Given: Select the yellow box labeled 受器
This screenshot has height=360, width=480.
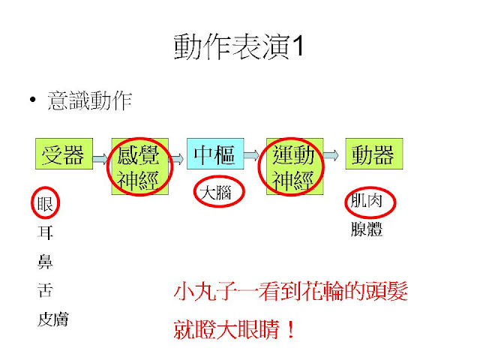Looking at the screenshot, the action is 62,154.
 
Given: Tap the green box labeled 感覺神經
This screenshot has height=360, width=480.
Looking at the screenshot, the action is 139,167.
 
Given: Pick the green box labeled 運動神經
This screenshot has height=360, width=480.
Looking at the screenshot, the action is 294,167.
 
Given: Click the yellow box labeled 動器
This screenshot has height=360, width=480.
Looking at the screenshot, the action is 373,155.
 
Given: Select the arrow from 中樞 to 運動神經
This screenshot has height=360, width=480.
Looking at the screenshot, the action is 254,155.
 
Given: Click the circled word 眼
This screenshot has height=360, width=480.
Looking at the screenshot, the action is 45,202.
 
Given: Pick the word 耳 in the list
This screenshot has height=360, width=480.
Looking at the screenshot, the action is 45,232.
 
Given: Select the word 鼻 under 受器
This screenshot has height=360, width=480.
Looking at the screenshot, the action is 45,261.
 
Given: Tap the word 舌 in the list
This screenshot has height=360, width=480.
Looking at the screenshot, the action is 45,290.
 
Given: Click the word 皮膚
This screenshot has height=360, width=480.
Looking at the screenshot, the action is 52,319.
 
